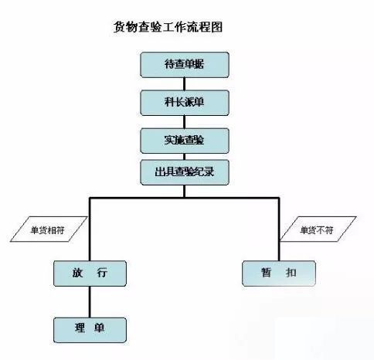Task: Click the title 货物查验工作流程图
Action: click(168, 27)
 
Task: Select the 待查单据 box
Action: click(185, 65)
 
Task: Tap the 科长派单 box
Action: click(185, 103)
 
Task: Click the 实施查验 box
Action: click(185, 141)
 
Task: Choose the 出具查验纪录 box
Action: click(185, 172)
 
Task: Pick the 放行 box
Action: click(90, 273)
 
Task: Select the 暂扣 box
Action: click(279, 273)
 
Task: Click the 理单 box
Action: click(90, 330)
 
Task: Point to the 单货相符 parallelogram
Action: click(49, 229)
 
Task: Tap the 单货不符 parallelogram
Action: click(318, 229)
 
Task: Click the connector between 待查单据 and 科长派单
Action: click(185, 84)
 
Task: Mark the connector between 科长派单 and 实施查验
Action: click(185, 122)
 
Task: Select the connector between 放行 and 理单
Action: click(90, 302)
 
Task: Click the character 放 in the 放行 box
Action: click(77, 273)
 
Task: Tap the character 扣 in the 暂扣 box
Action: click(291, 273)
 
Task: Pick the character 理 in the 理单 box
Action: click(80, 328)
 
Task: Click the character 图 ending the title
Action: click(216, 27)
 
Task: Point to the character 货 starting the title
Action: click(120, 27)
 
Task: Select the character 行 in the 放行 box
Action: click(102, 273)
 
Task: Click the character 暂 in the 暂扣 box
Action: click(266, 273)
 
